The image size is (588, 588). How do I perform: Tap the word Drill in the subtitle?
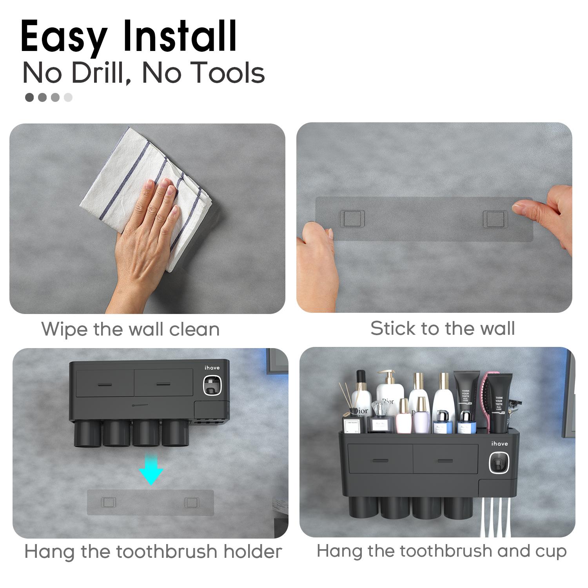[x=100, y=73]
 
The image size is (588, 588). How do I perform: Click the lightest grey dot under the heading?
[x=68, y=97]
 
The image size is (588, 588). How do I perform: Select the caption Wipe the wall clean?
[x=131, y=329]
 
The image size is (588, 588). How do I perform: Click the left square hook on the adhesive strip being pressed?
[x=352, y=218]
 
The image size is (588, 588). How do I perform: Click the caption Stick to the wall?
[x=443, y=328]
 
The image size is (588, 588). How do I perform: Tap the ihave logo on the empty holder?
[x=212, y=368]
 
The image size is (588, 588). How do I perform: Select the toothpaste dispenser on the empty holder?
[x=212, y=386]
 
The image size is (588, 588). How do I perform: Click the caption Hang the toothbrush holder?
[x=153, y=552]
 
